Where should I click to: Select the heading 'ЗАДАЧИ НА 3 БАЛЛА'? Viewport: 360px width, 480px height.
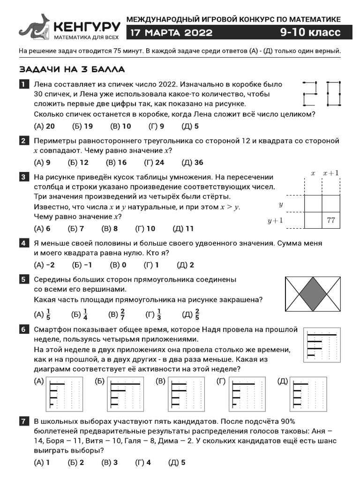(x=72, y=70)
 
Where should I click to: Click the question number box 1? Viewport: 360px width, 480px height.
(x=22, y=85)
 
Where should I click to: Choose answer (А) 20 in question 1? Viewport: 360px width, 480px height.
(x=45, y=126)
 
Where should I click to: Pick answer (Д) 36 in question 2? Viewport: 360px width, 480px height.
(x=193, y=163)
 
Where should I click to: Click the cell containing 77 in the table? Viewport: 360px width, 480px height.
(x=331, y=220)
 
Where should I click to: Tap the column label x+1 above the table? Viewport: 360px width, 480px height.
(x=331, y=173)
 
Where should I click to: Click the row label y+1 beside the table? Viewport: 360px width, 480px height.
(x=275, y=220)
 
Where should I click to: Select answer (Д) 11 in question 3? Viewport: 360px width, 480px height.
(x=183, y=229)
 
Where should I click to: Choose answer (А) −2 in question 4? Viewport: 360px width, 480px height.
(x=45, y=265)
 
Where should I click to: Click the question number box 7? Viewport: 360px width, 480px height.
(x=22, y=421)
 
